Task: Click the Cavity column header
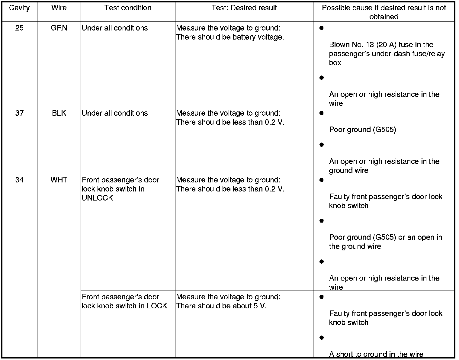(x=19, y=8)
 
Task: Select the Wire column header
(x=59, y=8)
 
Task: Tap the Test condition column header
(x=128, y=8)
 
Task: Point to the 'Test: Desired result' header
(x=244, y=8)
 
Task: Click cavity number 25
(x=19, y=28)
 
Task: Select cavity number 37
(x=19, y=113)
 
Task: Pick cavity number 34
(x=19, y=180)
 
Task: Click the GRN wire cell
(x=59, y=28)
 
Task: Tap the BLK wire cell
(x=59, y=113)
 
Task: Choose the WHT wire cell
(x=59, y=180)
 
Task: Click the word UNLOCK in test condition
(x=97, y=198)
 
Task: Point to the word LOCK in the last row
(x=157, y=306)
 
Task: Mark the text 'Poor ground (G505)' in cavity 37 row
(x=362, y=130)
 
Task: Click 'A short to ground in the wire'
(x=376, y=354)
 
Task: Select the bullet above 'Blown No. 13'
(x=322, y=28)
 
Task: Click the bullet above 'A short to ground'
(x=322, y=337)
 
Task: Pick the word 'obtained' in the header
(x=384, y=17)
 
